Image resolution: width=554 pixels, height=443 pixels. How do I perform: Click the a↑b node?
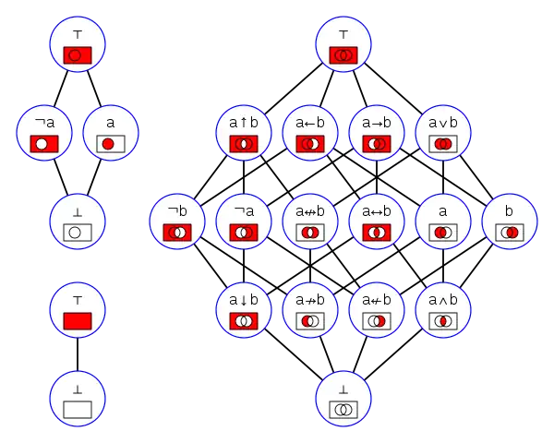click(244, 133)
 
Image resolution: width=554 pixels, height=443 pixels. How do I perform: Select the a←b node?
click(310, 133)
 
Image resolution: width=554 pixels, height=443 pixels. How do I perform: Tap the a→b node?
click(377, 133)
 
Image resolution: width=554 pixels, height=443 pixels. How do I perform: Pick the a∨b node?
click(443, 133)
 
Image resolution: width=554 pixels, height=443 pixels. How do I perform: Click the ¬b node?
click(177, 221)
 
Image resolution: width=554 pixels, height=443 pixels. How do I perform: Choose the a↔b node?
click(377, 221)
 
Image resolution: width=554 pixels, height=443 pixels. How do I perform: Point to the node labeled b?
click(510, 221)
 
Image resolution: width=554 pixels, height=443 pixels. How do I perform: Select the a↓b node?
click(244, 310)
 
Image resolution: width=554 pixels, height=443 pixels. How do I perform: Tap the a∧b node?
click(443, 310)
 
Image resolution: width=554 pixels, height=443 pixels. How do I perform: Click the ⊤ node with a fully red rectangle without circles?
click(78, 310)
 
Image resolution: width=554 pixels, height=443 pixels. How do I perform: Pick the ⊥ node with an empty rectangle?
click(78, 399)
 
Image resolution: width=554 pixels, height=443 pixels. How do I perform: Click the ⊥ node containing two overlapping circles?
click(343, 399)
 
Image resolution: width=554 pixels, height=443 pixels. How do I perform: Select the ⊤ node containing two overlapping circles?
click(343, 44)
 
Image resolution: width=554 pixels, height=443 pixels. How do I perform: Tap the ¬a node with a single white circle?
click(44, 133)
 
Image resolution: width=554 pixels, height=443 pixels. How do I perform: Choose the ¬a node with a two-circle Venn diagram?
click(244, 221)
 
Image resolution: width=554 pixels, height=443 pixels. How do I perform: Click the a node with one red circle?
click(111, 133)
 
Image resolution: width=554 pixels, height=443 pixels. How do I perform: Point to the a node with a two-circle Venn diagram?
click(443, 221)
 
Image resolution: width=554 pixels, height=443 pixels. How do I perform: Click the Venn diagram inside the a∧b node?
click(443, 321)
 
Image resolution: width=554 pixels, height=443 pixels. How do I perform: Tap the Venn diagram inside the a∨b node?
click(443, 144)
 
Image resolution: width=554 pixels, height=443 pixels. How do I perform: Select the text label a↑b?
click(244, 121)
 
